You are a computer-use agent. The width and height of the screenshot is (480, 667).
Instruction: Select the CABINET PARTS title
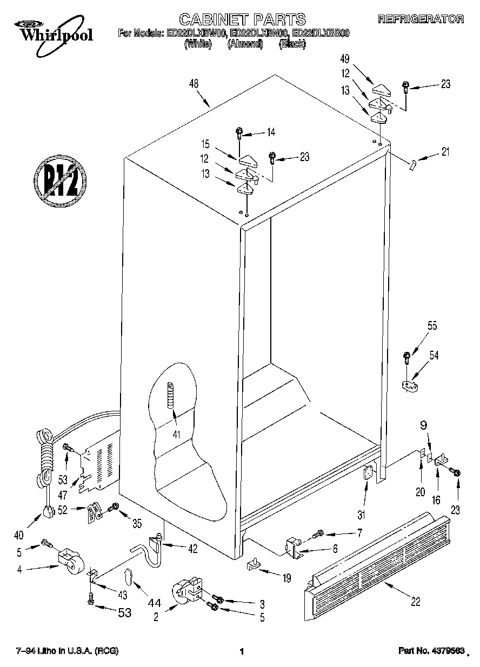(242, 20)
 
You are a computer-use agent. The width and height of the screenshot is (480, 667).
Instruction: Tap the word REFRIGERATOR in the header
(421, 19)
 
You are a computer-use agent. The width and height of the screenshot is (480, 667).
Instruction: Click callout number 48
(194, 84)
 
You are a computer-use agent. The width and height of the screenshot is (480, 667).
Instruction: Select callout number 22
(415, 601)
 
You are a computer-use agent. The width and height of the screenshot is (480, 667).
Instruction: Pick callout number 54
(434, 355)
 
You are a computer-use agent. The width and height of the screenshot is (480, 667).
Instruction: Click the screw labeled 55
(406, 356)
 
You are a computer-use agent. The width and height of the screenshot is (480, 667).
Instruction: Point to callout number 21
(445, 152)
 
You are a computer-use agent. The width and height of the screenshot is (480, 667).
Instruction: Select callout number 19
(286, 579)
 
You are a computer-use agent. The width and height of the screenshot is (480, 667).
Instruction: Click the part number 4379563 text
(431, 651)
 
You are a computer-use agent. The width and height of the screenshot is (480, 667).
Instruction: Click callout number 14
(271, 131)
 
